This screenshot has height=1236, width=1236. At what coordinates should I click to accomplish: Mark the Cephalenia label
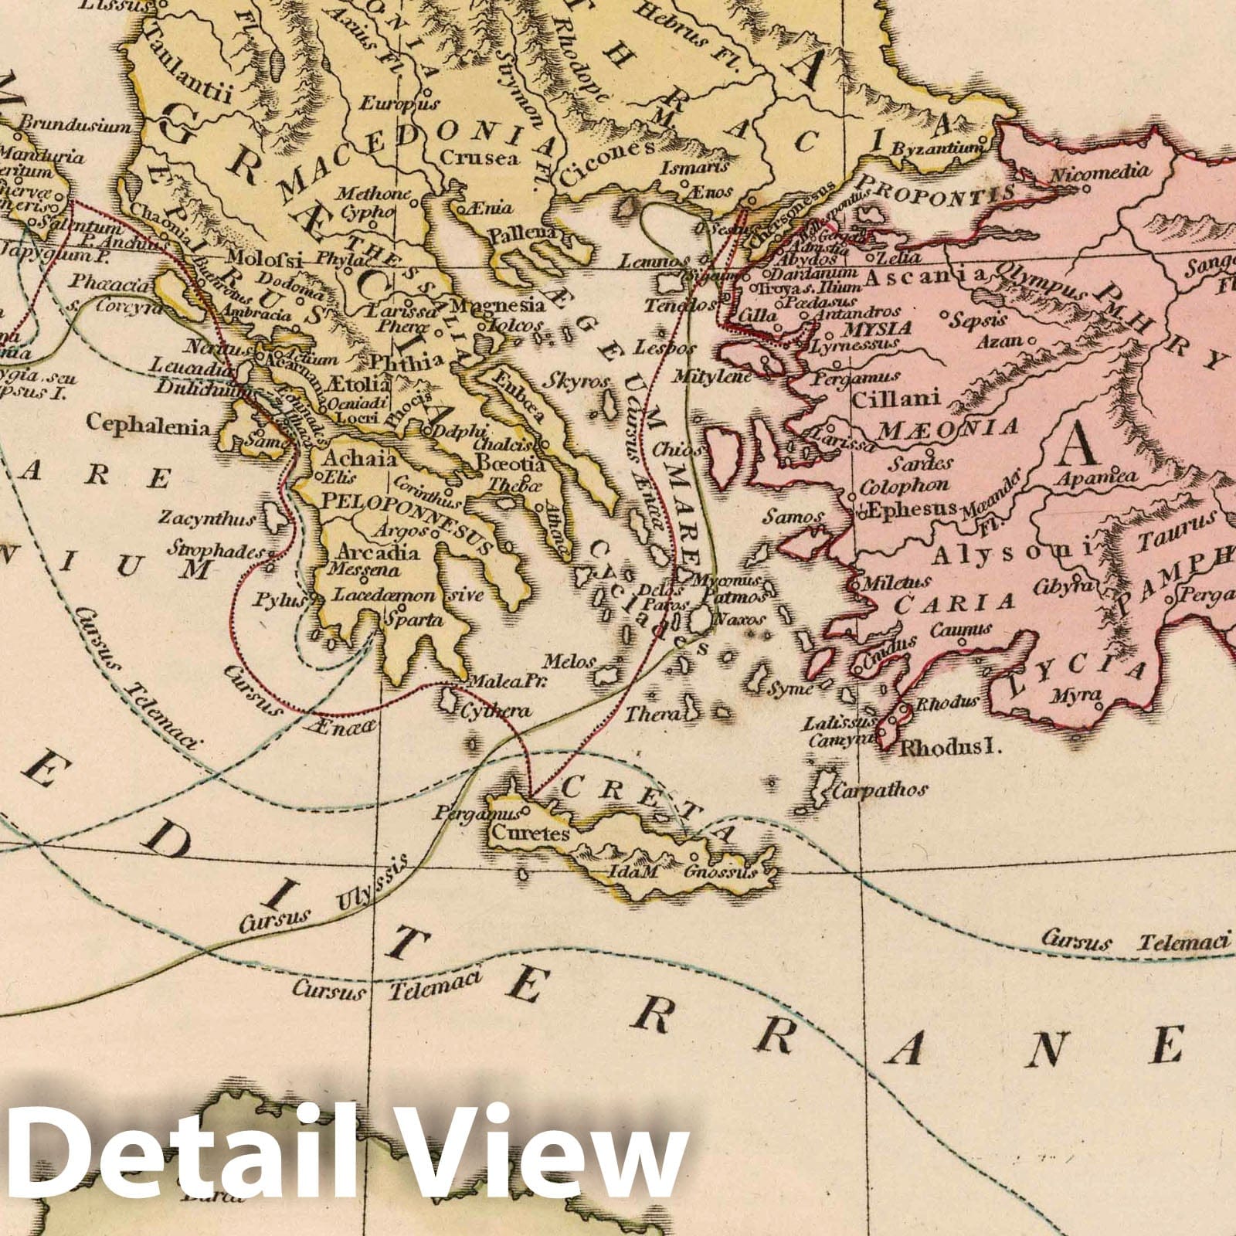click(x=148, y=424)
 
